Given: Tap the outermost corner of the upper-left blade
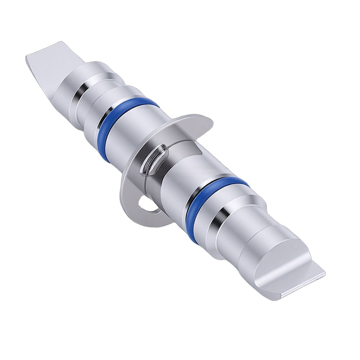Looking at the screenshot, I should tap(27, 58).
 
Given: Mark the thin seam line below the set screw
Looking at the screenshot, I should tap(144, 180).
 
